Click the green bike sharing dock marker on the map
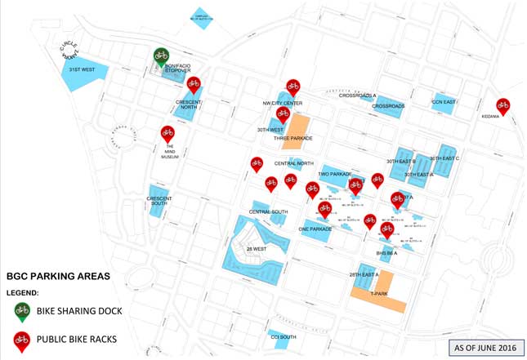161,56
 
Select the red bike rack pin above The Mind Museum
167,133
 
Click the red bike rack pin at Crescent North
194,84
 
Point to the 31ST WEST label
82,69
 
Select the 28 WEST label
256,248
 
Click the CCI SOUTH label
283,336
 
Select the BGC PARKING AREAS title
58,277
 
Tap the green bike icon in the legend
22,310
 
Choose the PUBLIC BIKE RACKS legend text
82,339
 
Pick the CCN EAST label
444,102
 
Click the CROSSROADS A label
358,96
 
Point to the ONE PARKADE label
315,229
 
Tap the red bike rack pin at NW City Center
293,87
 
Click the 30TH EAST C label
445,158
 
